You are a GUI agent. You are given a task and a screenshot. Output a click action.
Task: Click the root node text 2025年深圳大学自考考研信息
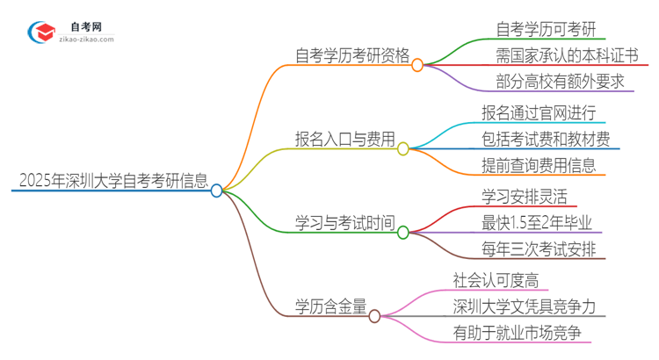pyautogui.click(x=112, y=182)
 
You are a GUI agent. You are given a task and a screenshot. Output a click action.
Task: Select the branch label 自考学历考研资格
pyautogui.click(x=351, y=56)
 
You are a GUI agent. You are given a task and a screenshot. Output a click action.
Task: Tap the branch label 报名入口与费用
pyautogui.click(x=344, y=138)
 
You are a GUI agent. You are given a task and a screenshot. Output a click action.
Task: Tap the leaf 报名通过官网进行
pyautogui.click(x=539, y=112)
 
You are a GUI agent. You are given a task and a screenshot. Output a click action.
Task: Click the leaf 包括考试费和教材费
pyautogui.click(x=546, y=138)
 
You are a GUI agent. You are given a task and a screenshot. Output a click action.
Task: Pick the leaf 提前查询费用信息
pyautogui.click(x=539, y=164)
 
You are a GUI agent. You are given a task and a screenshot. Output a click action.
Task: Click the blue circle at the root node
pyautogui.click(x=217, y=190)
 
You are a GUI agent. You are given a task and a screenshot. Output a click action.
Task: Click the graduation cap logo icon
pyautogui.click(x=41, y=32)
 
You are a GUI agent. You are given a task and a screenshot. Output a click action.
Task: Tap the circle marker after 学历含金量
pyautogui.click(x=374, y=315)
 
